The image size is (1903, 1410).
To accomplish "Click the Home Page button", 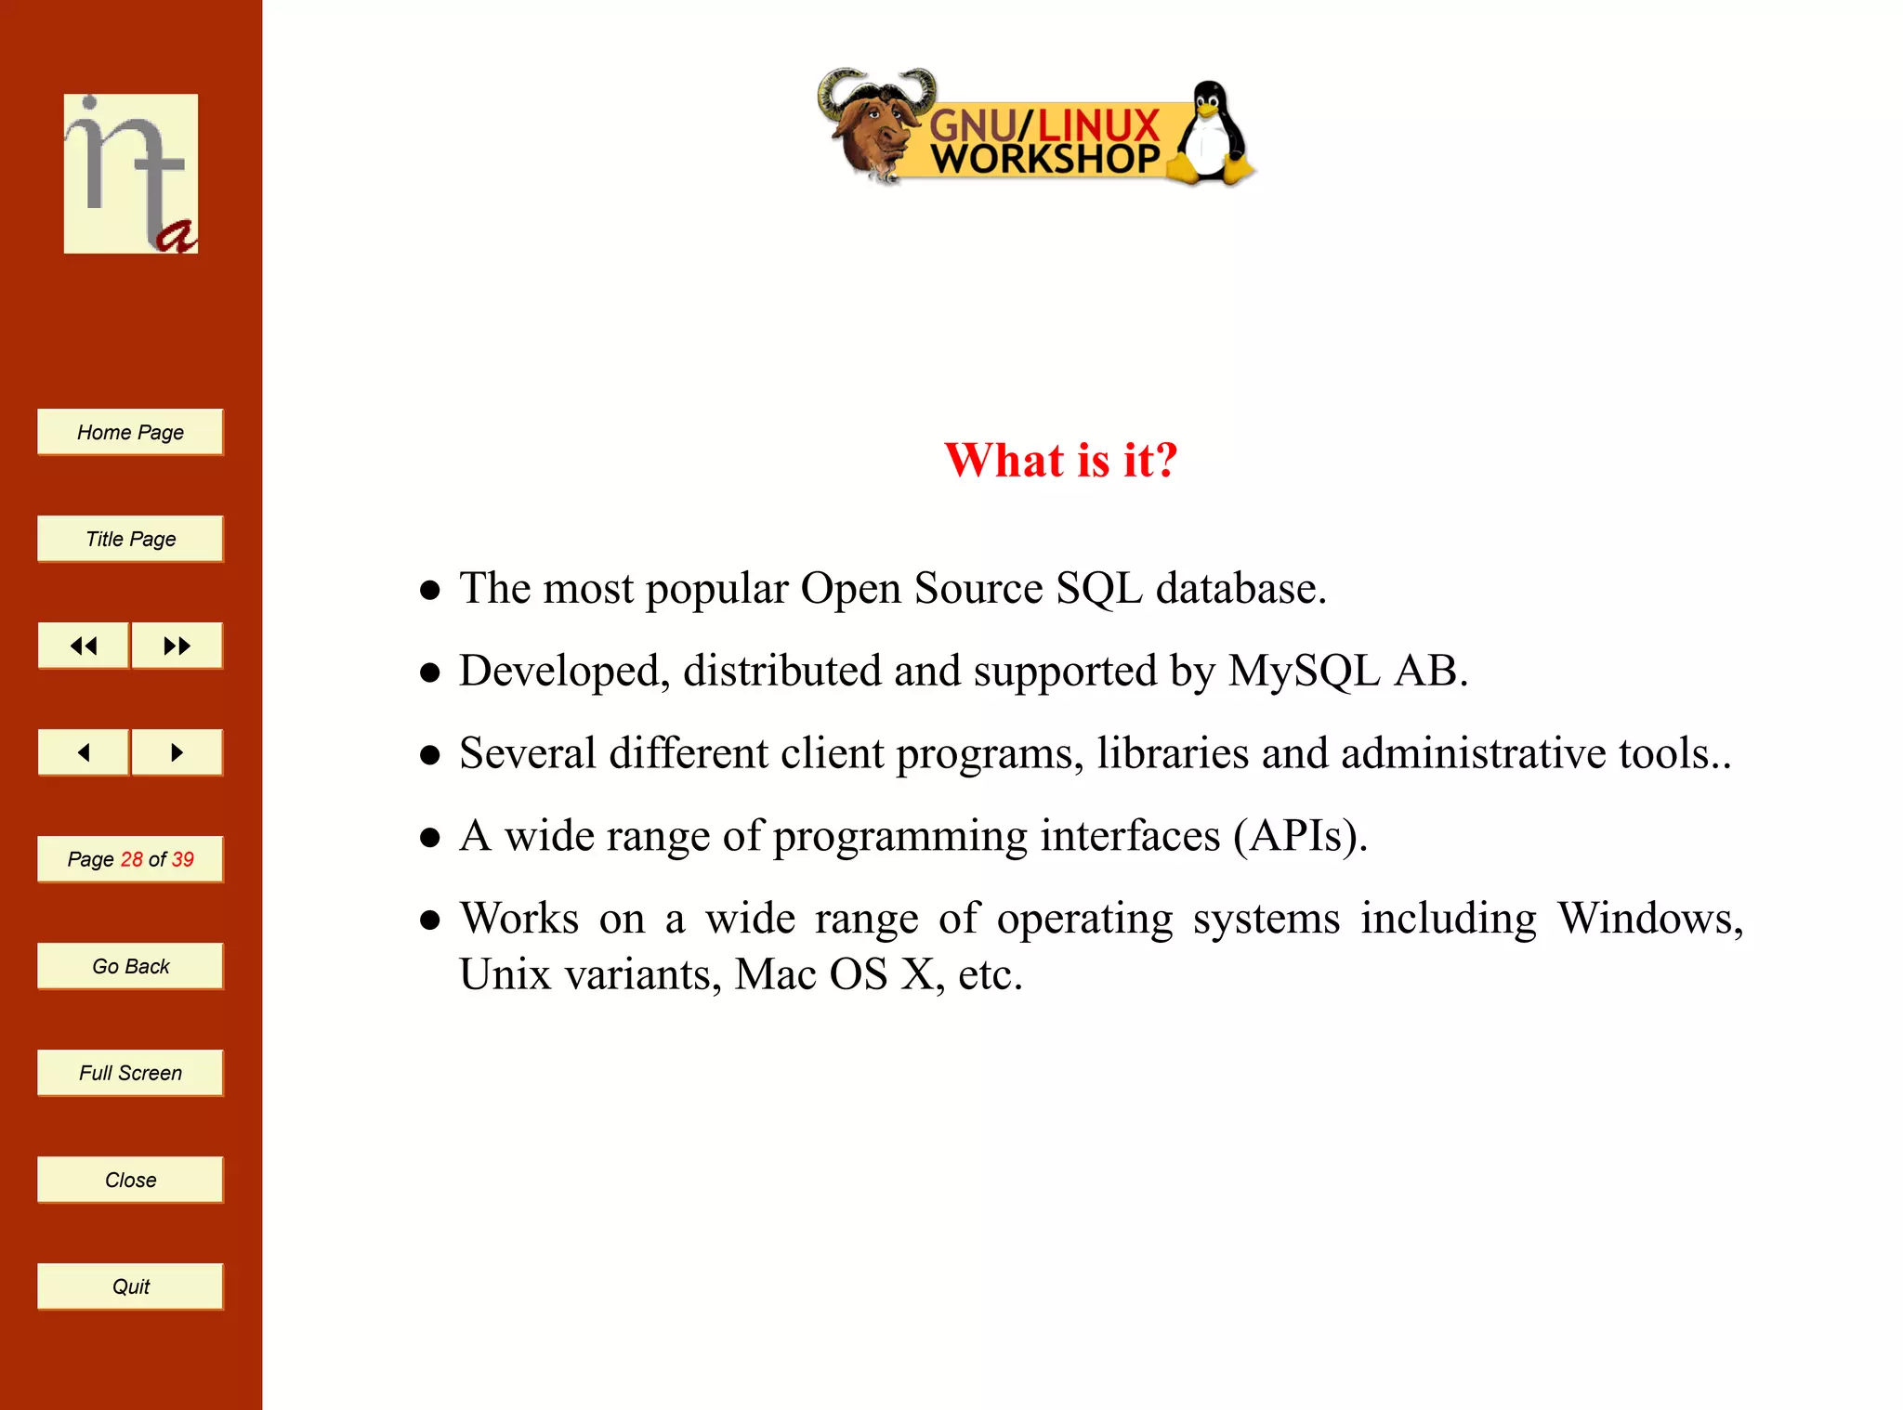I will click(130, 432).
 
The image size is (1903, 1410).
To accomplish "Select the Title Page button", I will click(130, 539).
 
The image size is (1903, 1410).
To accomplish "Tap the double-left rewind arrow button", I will click(84, 646).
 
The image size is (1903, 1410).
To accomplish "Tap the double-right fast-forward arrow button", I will click(177, 646).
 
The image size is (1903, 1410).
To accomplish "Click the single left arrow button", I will click(84, 752).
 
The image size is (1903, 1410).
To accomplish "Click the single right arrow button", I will click(177, 752).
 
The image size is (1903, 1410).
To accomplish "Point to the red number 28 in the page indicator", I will click(131, 859).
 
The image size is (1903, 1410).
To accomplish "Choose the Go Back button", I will click(130, 966).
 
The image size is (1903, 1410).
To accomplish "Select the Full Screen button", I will click(130, 1073).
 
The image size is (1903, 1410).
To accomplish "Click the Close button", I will click(130, 1180).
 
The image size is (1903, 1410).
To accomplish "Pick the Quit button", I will click(130, 1286).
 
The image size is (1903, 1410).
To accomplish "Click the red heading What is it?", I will click(1060, 460).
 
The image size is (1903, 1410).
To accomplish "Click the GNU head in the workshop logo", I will click(873, 125).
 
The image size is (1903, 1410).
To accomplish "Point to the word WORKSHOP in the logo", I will click(1045, 159).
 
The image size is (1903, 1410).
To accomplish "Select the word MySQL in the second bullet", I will click(1304, 671).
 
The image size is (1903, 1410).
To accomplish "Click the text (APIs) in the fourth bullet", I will click(1299, 835).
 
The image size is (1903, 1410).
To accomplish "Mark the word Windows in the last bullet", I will click(1649, 918).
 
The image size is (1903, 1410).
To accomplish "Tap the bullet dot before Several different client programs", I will click(429, 754).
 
